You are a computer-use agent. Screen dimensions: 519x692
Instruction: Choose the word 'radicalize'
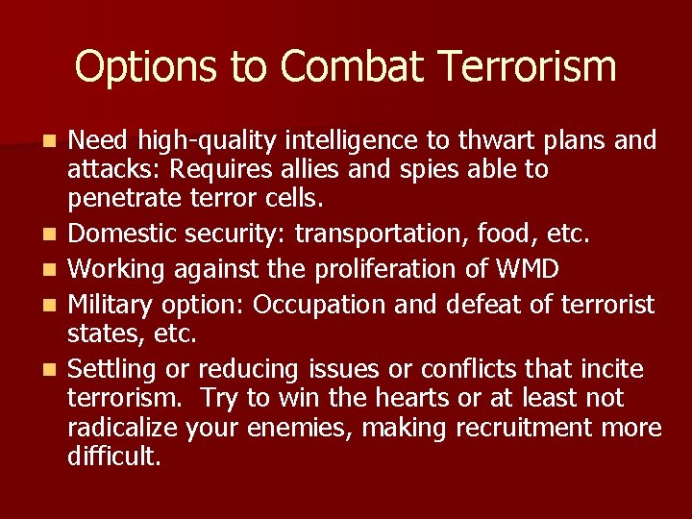point(123,428)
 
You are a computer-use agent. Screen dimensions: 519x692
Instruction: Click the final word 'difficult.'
point(114,456)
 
